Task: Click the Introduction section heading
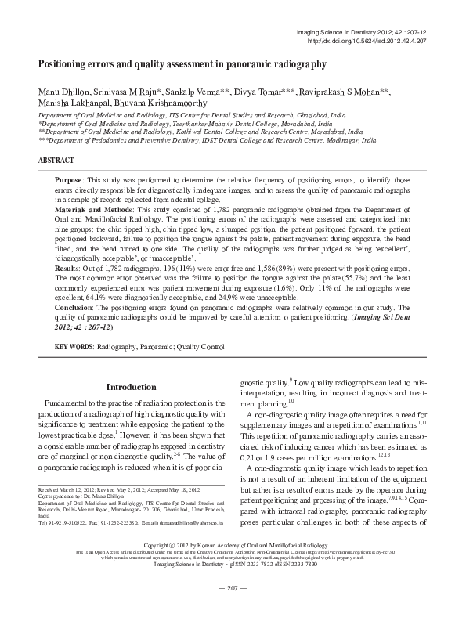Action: point(131,387)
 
